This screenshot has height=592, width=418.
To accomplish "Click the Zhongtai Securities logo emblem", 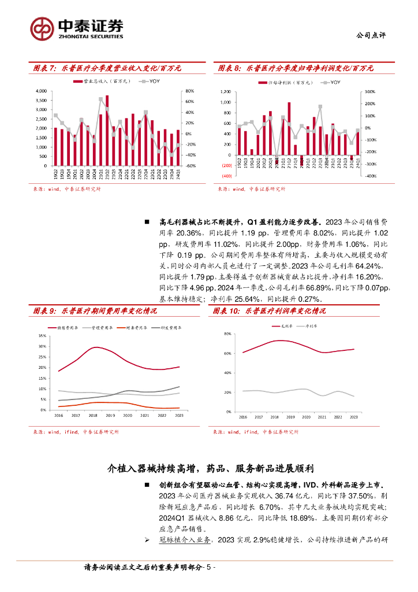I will (42, 27).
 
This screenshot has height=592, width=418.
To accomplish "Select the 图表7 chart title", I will (107, 68).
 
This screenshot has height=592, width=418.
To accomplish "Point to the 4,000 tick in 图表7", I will (41, 91).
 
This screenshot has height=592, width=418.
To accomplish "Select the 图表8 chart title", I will (296, 68).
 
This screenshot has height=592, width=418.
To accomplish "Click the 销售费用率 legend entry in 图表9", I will (69, 328).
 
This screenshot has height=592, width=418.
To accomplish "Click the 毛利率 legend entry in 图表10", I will (283, 326).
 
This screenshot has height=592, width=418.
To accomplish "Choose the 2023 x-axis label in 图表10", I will (354, 417).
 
